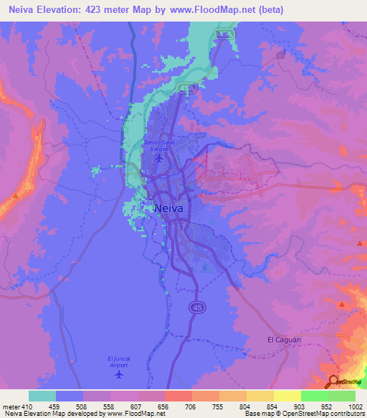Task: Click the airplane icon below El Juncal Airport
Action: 119,374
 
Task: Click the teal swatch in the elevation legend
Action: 42,396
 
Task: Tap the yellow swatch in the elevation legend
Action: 287,396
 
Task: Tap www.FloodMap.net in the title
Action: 218,10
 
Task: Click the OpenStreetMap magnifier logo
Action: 332,381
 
